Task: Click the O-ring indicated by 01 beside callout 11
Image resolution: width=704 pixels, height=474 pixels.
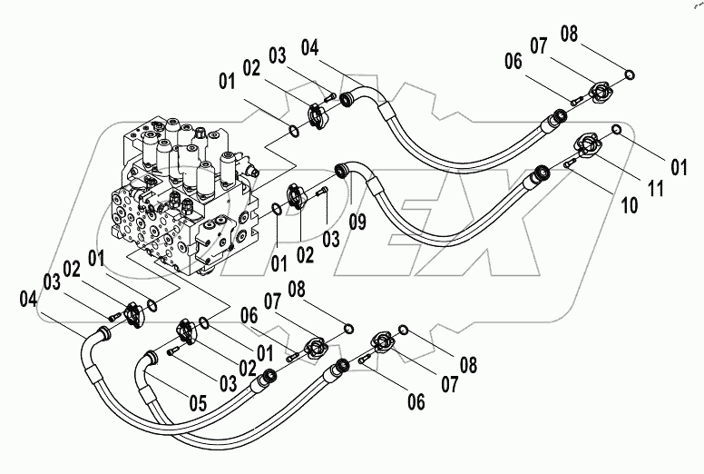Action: (x=616, y=130)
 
